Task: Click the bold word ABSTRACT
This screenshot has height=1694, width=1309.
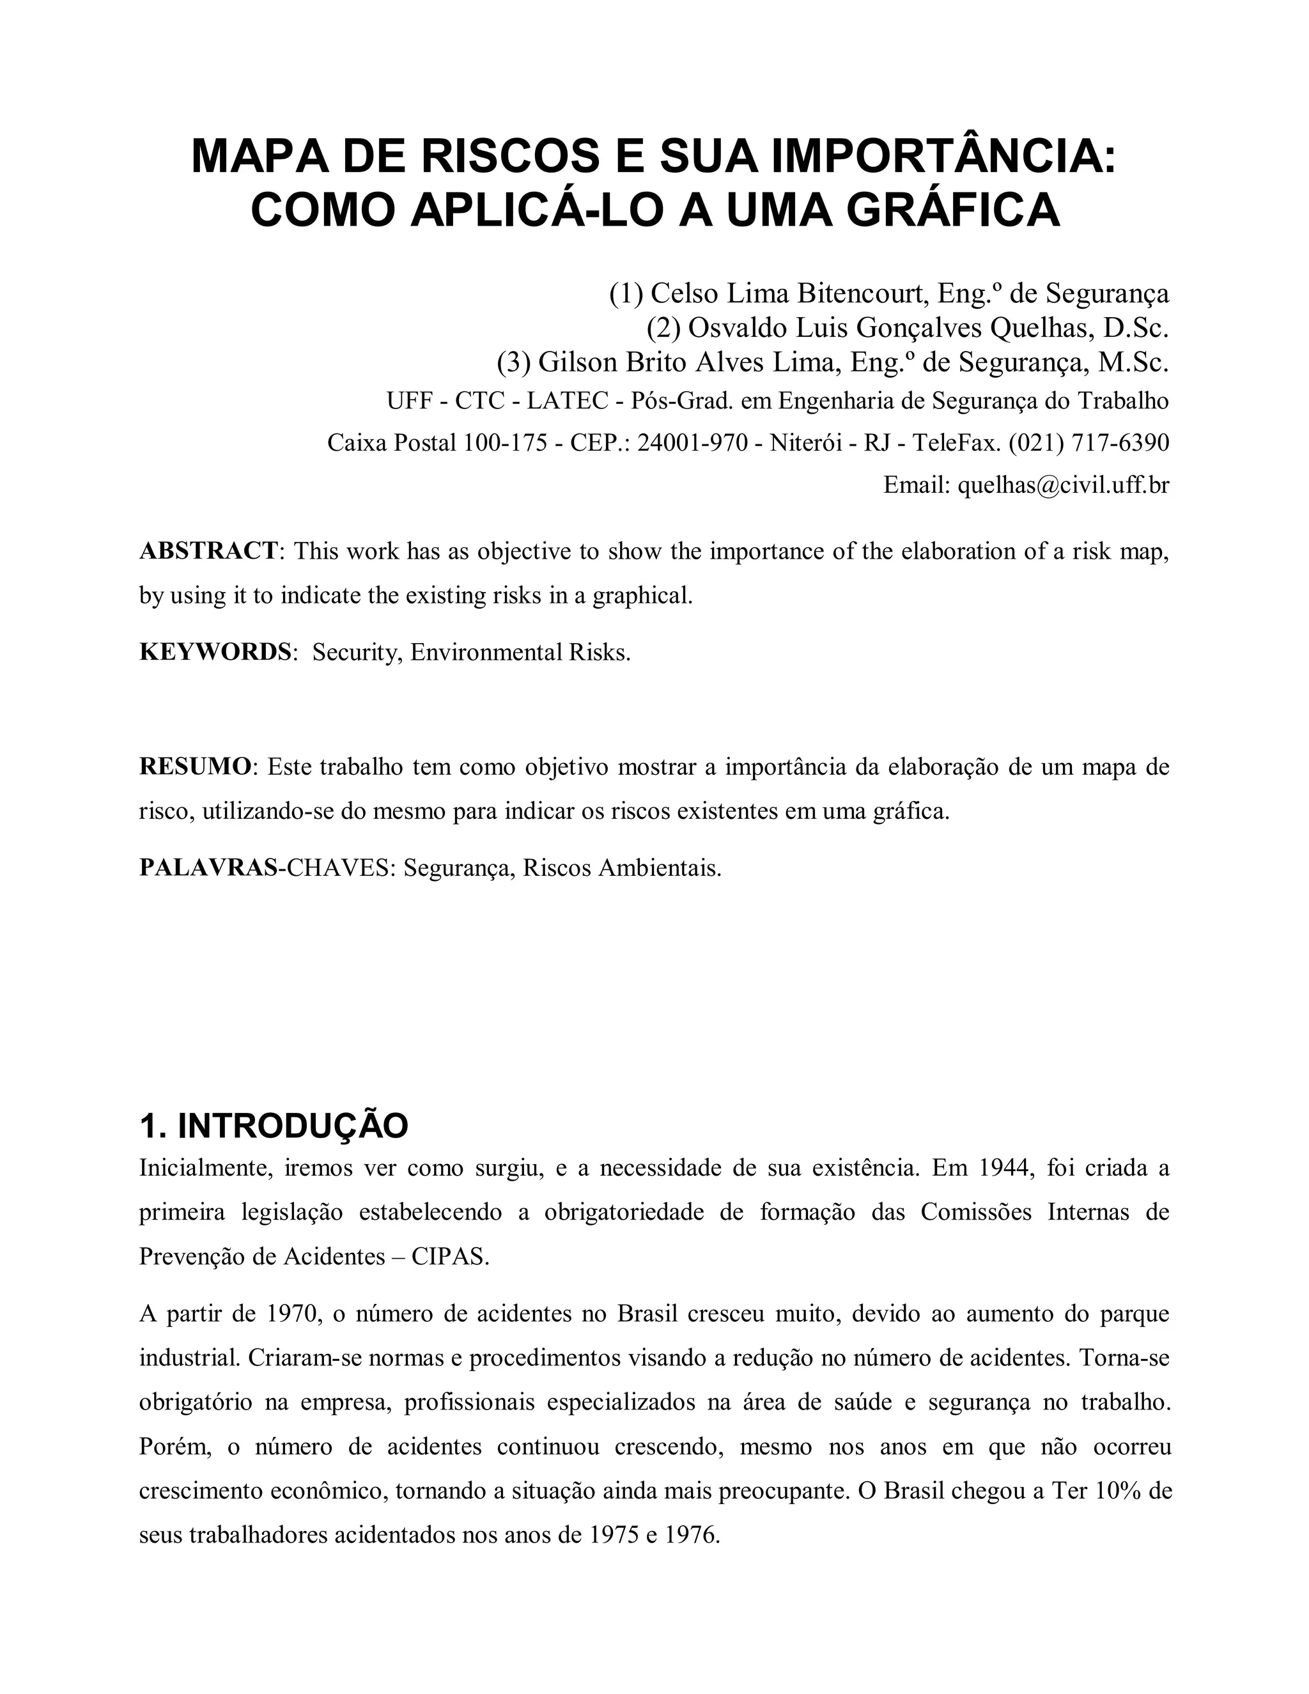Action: [208, 552]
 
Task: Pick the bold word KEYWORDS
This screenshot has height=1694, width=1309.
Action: [215, 652]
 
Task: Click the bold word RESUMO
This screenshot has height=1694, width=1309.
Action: [196, 767]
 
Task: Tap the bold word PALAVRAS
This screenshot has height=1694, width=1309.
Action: [208, 868]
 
